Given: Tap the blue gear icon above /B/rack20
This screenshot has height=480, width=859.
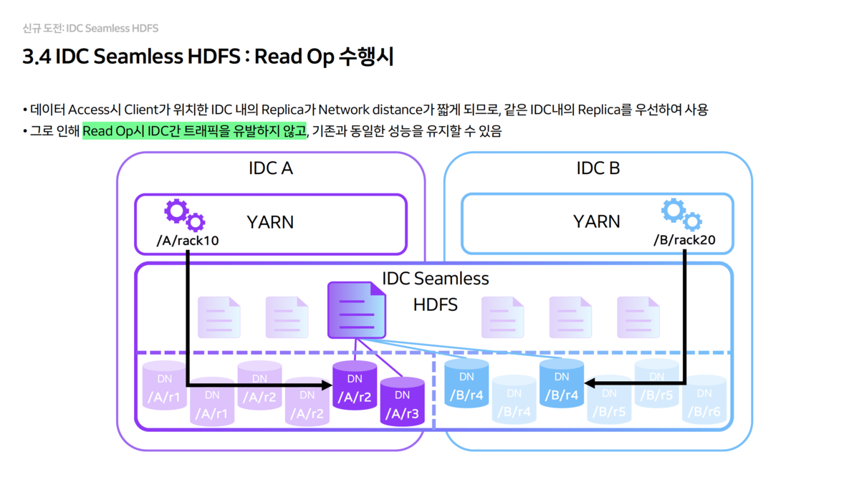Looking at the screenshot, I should (x=681, y=213).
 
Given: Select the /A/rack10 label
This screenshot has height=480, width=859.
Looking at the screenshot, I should (x=188, y=241).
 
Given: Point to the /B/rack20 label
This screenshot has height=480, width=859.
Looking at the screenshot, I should (x=684, y=240).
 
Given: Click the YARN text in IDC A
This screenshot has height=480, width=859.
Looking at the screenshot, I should (x=270, y=222).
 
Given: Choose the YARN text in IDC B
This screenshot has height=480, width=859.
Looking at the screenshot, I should (x=596, y=221).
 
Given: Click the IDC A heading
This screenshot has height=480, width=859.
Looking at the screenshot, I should (x=270, y=169).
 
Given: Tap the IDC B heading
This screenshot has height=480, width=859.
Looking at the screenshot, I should (x=598, y=169).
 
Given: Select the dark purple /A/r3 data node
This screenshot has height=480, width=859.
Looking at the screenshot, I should (x=402, y=403).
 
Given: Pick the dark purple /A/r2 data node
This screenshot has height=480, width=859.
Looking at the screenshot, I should (x=355, y=385).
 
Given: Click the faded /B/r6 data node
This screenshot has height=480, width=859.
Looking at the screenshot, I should (x=704, y=402).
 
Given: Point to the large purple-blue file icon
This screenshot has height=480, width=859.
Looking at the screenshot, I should (x=357, y=309).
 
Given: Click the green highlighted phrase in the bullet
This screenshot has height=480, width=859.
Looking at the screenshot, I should (x=194, y=132).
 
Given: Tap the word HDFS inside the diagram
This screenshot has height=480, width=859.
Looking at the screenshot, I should (x=435, y=305).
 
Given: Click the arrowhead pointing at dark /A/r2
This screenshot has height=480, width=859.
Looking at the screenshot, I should (x=328, y=385).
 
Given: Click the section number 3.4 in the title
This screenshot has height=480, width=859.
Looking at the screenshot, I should (x=35, y=57).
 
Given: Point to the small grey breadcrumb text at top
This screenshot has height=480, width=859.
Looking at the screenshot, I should (x=90, y=29).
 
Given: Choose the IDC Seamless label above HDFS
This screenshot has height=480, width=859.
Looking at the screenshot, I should (x=435, y=279).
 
